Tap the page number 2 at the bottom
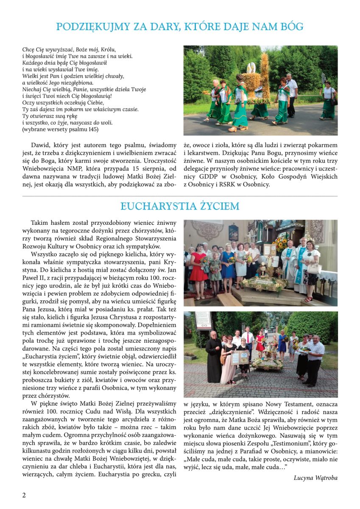(x=24, y=495)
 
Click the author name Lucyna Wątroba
(x=315, y=478)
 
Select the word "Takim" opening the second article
(x=39, y=223)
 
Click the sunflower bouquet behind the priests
(x=281, y=243)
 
